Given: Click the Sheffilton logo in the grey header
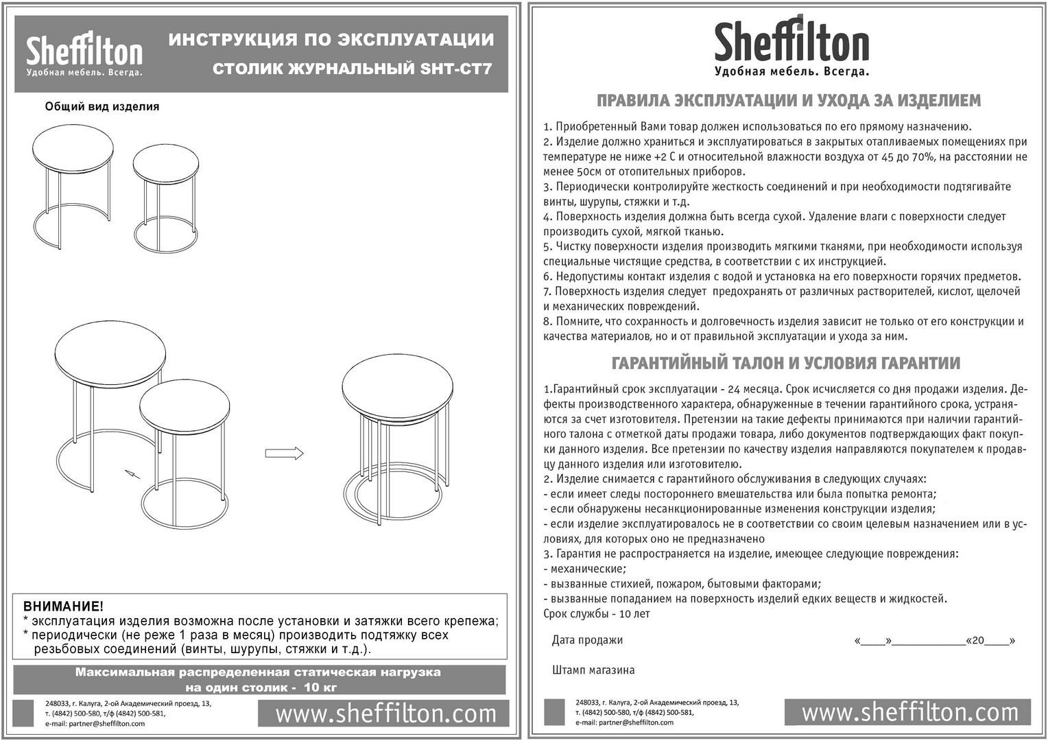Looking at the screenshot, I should (84, 55).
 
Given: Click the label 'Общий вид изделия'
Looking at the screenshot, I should (102, 106).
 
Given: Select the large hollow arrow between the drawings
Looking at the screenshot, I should (284, 453).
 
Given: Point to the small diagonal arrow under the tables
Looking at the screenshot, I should (132, 473).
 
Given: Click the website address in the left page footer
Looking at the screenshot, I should (385, 714).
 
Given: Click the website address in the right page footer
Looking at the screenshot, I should (909, 712).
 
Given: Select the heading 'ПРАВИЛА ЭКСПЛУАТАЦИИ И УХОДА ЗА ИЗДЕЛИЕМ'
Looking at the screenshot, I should (789, 101).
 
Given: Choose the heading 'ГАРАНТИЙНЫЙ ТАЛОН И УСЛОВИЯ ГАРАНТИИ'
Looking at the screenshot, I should (785, 363).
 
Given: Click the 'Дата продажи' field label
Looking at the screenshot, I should (587, 640).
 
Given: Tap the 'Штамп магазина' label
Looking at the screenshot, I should (593, 670).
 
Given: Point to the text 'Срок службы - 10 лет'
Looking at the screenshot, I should (596, 614).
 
